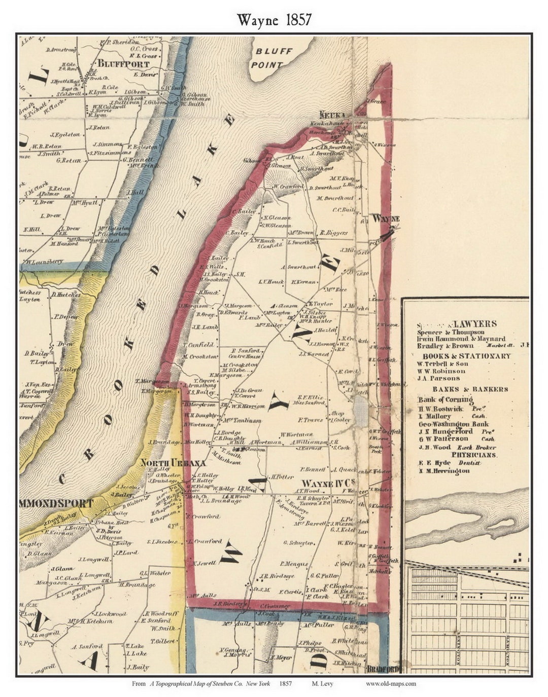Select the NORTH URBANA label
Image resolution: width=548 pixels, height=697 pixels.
pyautogui.click(x=173, y=463)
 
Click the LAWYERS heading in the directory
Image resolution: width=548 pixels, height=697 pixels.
pyautogui.click(x=475, y=323)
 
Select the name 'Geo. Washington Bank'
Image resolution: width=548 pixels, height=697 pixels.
pyautogui.click(x=454, y=424)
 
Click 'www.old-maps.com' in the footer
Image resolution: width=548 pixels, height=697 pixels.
pyautogui.click(x=391, y=683)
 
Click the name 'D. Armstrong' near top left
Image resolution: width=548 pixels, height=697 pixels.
pyautogui.click(x=60, y=50)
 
